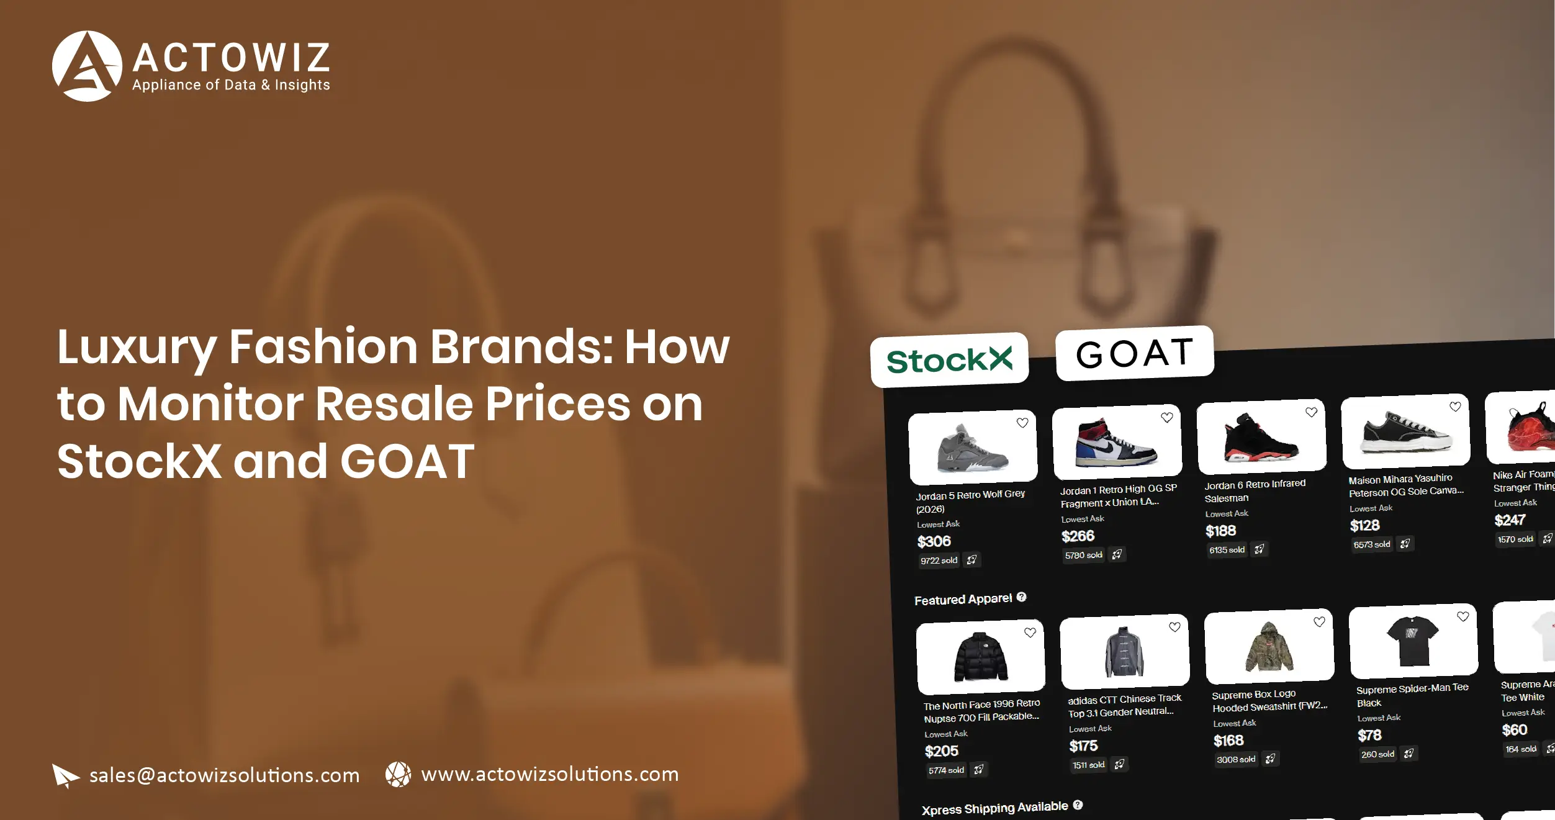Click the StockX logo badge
tap(949, 360)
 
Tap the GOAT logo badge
tap(1134, 353)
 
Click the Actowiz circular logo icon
tap(87, 66)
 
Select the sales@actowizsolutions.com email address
tap(224, 775)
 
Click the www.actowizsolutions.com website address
tap(549, 774)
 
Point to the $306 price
tap(934, 541)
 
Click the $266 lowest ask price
tap(1078, 536)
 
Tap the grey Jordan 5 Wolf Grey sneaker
tap(971, 448)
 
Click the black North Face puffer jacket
tap(980, 657)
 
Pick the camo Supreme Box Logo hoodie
tap(1268, 647)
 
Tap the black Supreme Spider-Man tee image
tap(1413, 640)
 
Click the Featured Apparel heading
tap(963, 599)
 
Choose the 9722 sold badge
tap(939, 561)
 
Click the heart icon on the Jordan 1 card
tap(1166, 418)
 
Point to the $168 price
tap(1228, 741)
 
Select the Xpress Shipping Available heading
tap(994, 808)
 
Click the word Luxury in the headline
tap(137, 348)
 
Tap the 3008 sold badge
tap(1235, 759)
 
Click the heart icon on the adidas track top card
tap(1174, 627)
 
